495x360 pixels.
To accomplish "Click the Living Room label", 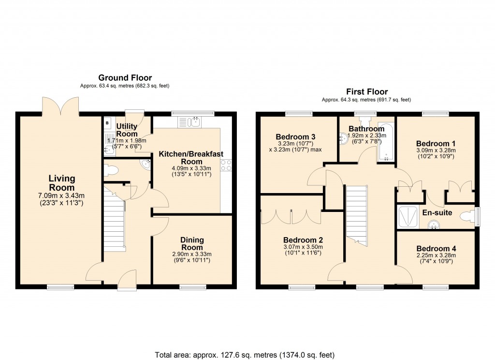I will (61, 183).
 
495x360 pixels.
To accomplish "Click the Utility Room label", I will (127, 130).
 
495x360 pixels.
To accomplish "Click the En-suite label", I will (437, 212).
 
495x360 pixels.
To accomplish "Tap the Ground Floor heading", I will (125, 77).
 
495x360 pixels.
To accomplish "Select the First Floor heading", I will (366, 91).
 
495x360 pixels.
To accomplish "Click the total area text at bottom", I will (245, 355).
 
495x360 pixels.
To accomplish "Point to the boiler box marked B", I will (107, 122).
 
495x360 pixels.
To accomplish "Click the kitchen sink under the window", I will (195, 122).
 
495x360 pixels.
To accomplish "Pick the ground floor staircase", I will (115, 220).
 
